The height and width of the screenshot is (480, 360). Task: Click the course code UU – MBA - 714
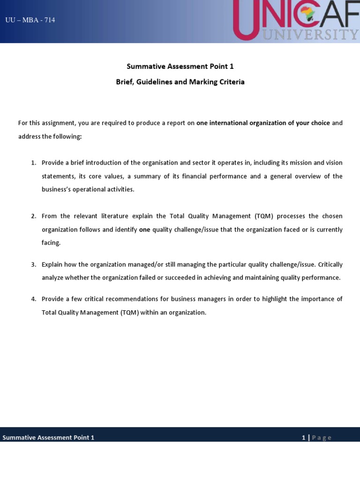click(x=30, y=20)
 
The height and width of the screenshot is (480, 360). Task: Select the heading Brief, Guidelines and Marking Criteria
click(x=180, y=82)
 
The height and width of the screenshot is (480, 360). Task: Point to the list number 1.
click(x=33, y=163)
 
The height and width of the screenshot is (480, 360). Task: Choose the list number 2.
click(x=33, y=217)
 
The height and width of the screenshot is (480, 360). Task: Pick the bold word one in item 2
click(x=144, y=230)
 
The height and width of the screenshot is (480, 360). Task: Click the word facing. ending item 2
click(x=51, y=243)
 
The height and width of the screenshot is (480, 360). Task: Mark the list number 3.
click(x=33, y=265)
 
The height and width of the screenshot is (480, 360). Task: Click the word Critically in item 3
click(x=330, y=265)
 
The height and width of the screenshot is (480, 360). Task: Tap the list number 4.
click(x=33, y=300)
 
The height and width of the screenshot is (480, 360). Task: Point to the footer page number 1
click(x=303, y=438)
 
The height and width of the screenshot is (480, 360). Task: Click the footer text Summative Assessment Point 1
click(x=48, y=438)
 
